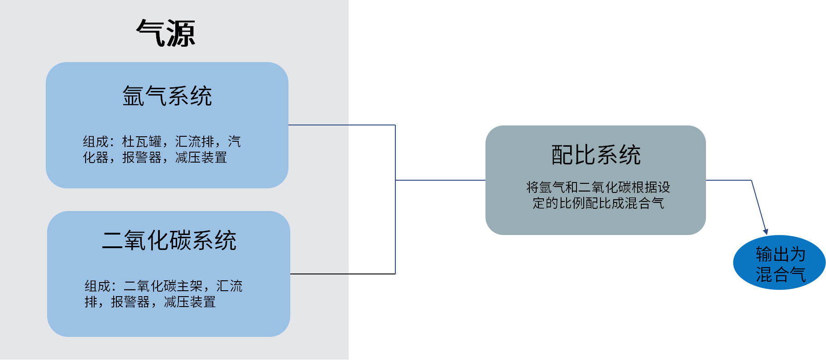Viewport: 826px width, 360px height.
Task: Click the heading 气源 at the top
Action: point(166,33)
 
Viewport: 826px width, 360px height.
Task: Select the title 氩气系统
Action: point(167,96)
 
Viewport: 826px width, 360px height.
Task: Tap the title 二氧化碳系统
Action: point(169,240)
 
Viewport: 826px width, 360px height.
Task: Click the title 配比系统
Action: point(595,155)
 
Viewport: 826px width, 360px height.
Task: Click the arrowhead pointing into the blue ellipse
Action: point(765,231)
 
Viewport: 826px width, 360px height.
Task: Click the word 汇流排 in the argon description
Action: point(194,142)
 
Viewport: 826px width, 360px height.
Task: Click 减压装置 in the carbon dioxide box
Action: point(190,302)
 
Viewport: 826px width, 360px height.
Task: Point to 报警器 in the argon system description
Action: point(142,158)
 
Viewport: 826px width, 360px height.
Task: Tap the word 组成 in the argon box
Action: point(96,142)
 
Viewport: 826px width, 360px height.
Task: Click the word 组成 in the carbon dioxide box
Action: point(97,286)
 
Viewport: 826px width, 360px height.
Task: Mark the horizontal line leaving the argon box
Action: point(342,125)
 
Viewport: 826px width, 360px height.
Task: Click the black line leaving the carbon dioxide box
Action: point(319,274)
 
